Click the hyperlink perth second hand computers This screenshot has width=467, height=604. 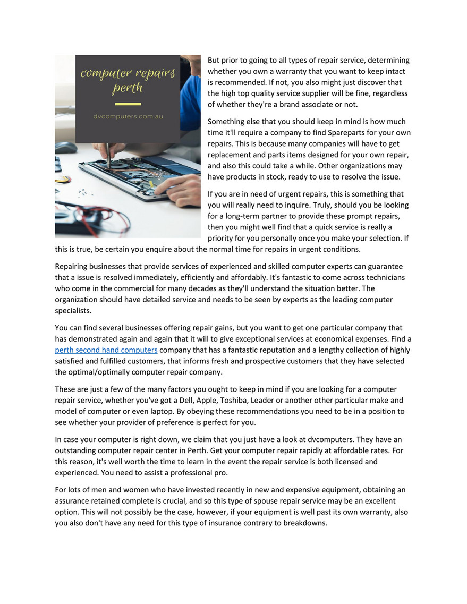106,350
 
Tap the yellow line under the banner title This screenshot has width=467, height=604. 128,104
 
